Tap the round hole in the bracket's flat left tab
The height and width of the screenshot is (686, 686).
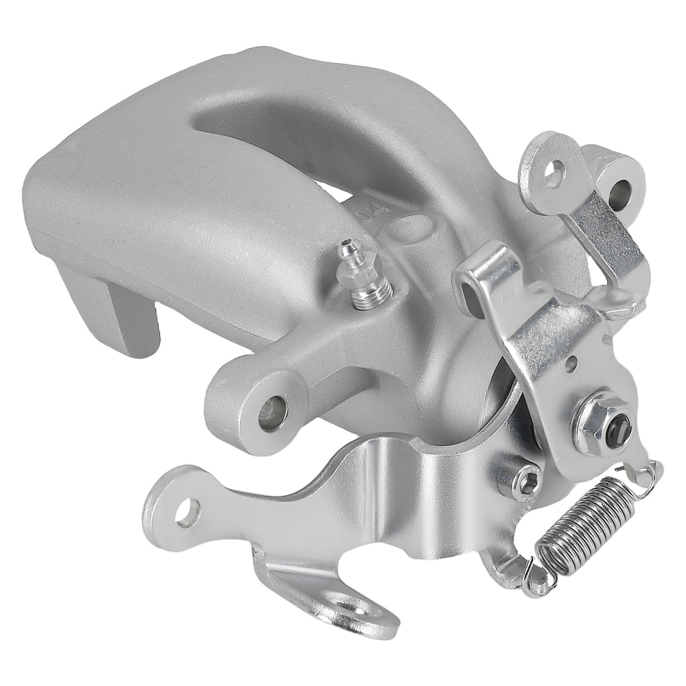pyautogui.click(x=187, y=511)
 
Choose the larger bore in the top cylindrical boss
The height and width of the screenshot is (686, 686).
pyautogui.click(x=622, y=185)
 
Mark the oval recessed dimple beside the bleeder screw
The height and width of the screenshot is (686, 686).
pyautogui.click(x=416, y=226)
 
